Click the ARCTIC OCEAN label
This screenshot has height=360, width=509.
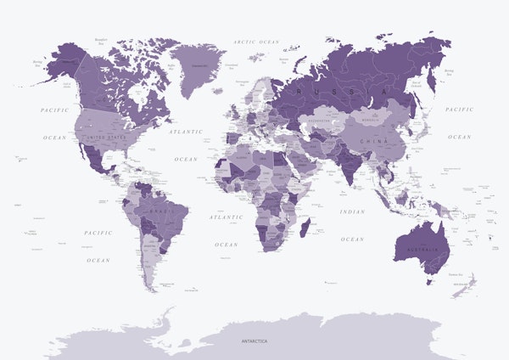[x=256, y=41]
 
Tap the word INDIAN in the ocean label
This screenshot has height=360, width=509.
[x=352, y=211]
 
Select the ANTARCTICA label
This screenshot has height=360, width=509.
[x=254, y=340]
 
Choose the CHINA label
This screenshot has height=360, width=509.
[x=368, y=141]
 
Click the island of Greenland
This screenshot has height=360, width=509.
[x=198, y=67]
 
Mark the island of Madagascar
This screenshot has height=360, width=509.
[x=305, y=228]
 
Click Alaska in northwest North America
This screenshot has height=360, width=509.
[x=59, y=64]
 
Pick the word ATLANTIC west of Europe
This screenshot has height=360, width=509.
[x=186, y=132]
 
